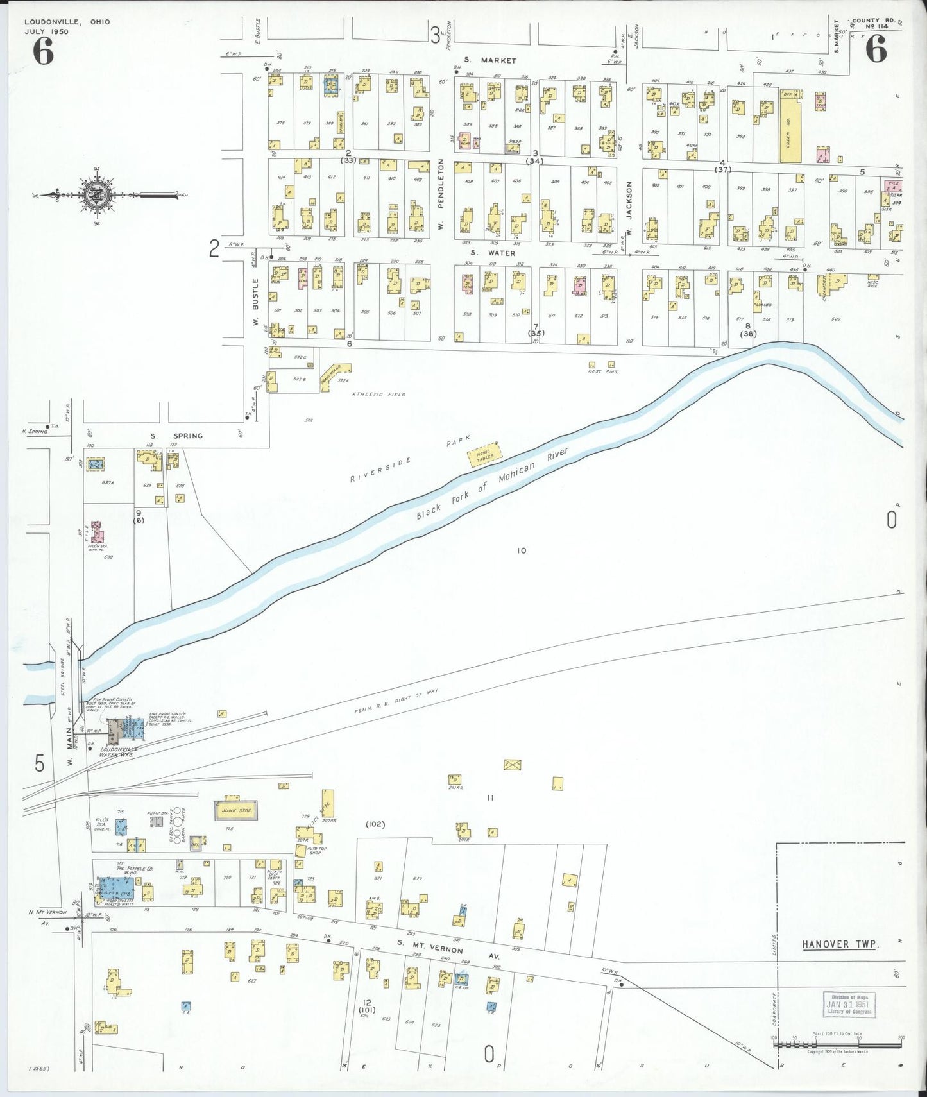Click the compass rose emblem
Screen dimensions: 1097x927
96,195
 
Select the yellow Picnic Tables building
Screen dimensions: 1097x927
485,454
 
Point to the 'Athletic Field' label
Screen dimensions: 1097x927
378,395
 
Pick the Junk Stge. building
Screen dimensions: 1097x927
236,810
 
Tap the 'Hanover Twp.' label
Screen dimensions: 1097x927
839,944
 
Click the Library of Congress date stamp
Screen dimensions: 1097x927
849,1005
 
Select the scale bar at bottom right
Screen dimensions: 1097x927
837,1044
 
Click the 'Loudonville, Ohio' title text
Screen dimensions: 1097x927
67,22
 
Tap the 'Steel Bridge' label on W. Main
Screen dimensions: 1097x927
63,677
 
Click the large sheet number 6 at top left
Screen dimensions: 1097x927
43,51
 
